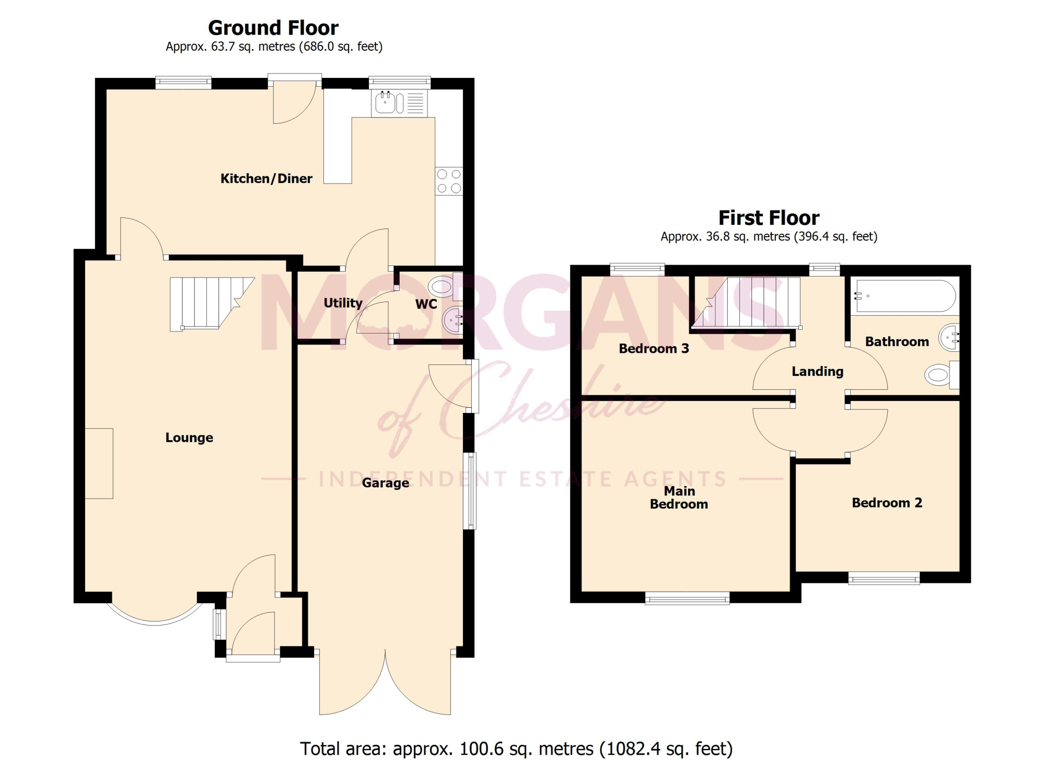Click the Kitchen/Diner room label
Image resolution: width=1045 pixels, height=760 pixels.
click(266, 179)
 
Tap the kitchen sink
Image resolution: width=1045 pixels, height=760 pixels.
click(400, 102)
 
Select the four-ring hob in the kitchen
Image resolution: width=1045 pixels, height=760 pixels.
click(449, 181)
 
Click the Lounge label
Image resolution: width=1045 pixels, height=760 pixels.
click(189, 437)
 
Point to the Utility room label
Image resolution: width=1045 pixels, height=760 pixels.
click(343, 303)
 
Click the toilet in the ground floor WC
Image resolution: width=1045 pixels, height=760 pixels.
click(445, 286)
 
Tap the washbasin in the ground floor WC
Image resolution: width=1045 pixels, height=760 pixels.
click(452, 319)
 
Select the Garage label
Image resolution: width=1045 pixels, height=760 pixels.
click(386, 483)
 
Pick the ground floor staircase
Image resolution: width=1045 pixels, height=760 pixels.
click(212, 304)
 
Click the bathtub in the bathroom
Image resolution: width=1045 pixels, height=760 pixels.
click(905, 296)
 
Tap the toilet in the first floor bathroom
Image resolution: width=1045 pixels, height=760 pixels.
click(942, 375)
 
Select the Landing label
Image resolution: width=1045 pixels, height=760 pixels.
click(817, 372)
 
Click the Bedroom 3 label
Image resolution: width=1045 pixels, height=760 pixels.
click(654, 349)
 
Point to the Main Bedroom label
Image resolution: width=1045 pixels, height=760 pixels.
click(679, 498)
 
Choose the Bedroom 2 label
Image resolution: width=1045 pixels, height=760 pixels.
click(887, 503)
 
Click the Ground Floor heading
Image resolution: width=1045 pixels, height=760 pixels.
click(273, 28)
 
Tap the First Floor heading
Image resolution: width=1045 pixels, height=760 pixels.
click(769, 217)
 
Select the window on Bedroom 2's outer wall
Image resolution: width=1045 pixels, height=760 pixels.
click(884, 578)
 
